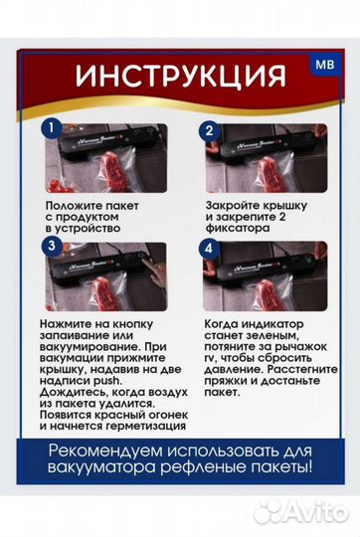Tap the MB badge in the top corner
[324, 64]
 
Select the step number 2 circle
[209, 129]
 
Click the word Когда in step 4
[224, 325]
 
